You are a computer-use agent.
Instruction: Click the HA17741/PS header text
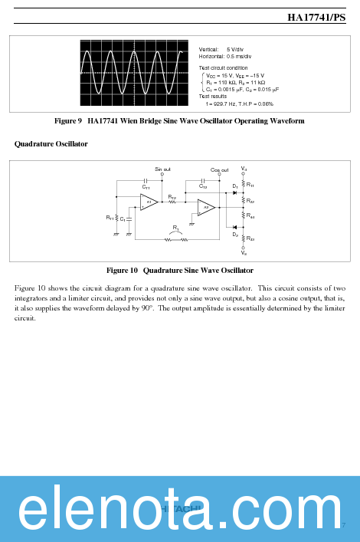point(316,18)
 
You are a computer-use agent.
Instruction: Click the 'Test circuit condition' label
point(224,68)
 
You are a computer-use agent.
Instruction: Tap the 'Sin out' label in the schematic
point(162,169)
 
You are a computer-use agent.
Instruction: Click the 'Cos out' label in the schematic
point(219,169)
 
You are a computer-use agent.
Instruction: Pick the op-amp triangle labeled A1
point(149,202)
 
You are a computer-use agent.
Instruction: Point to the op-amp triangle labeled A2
point(205,207)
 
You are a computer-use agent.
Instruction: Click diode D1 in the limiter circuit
point(234,192)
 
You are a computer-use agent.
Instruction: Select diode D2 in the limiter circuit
point(234,227)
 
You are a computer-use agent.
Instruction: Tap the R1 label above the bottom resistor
point(176,228)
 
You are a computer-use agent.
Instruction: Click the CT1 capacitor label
point(146,187)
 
